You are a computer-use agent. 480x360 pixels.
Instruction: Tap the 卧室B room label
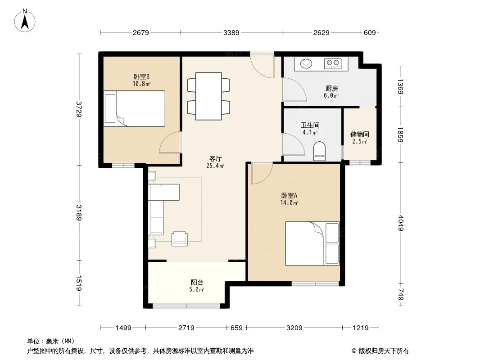pos(141,76)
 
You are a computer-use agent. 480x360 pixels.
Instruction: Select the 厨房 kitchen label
pos(331,88)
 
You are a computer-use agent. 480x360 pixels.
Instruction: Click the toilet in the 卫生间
pos(320,151)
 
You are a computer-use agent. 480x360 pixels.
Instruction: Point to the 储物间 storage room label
pos(359,134)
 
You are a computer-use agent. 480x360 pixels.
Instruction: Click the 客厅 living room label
pos(216,158)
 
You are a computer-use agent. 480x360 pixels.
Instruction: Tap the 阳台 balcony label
pos(197,282)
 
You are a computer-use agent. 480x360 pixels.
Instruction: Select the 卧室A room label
pos(289,195)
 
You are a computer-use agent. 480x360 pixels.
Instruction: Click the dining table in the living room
pos(208,96)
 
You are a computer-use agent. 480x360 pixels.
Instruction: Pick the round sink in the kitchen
pos(306,63)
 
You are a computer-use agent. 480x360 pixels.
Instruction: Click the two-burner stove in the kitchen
pos(333,63)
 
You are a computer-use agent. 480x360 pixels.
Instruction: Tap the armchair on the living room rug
pos(180,238)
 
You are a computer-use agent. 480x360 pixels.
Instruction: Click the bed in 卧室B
pos(134,108)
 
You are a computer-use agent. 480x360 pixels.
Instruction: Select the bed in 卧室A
pos(312,243)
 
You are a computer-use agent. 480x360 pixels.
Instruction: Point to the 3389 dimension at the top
pos(231,32)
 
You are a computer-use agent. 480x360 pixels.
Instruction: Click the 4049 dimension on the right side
pos(401,223)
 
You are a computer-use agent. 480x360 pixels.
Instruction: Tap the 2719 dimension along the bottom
pos(186,328)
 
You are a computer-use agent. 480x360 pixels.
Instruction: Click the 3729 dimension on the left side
pos(79,109)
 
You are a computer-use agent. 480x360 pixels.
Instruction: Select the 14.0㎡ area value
pos(289,202)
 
